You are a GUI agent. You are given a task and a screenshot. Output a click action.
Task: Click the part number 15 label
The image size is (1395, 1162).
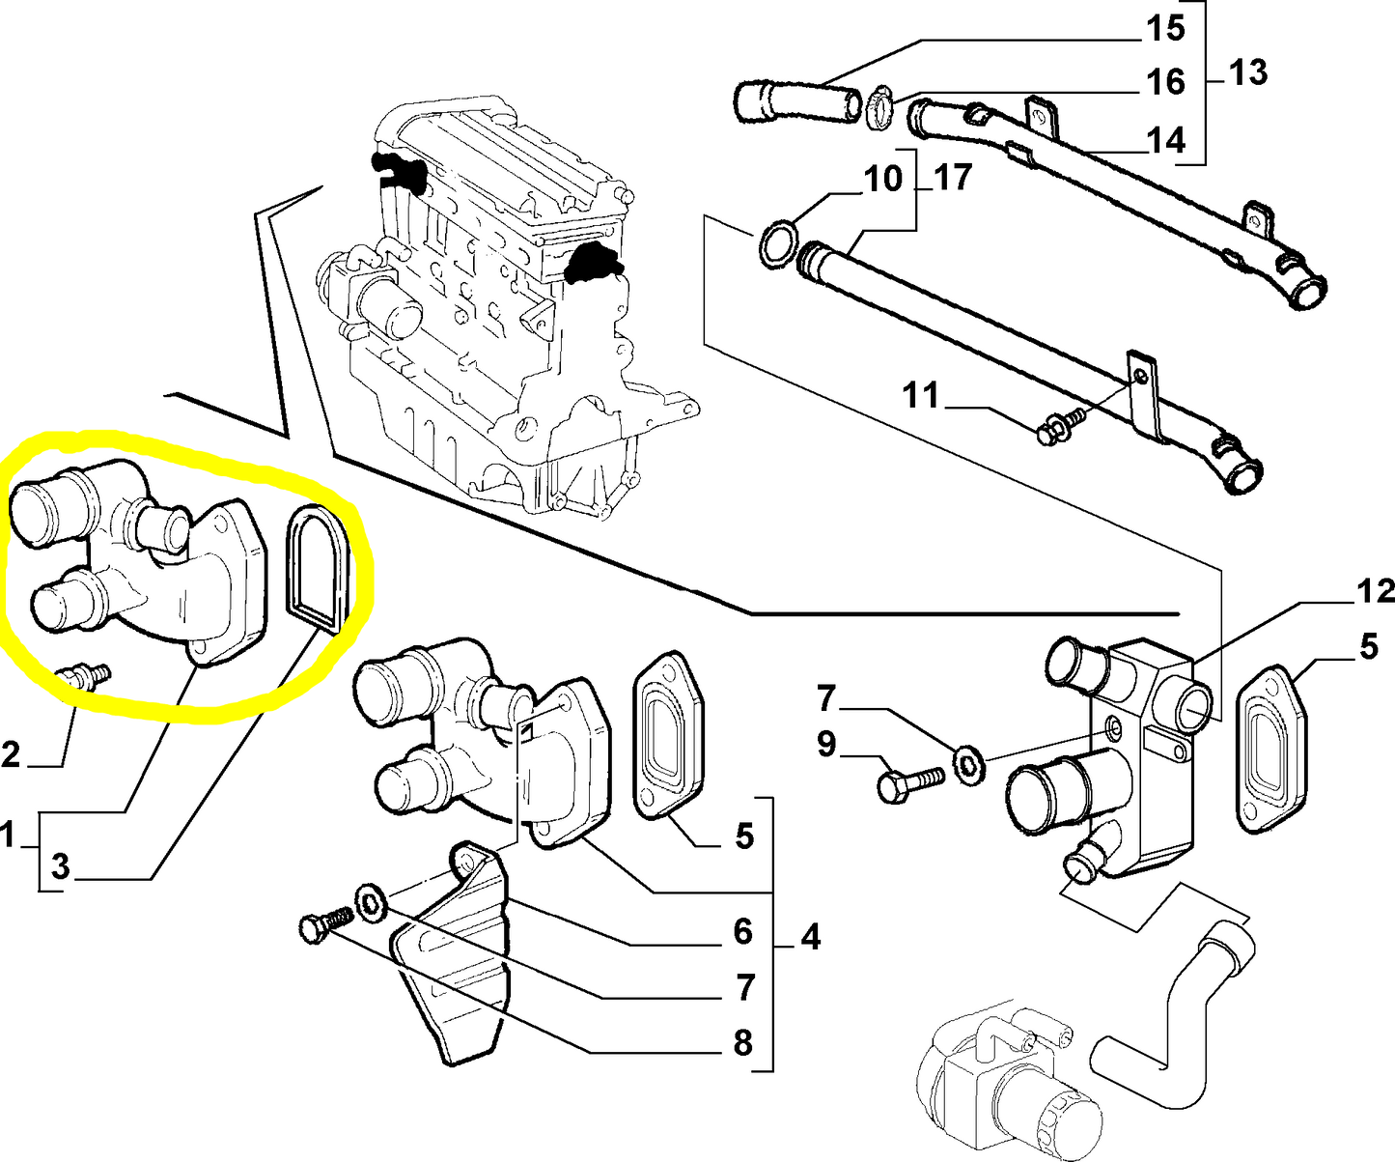(1164, 29)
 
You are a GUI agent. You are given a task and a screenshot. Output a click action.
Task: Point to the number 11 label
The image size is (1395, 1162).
(920, 396)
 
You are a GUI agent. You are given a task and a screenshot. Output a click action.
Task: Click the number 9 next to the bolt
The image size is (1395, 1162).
(826, 745)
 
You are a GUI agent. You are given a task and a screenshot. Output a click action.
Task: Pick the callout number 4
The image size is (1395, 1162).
(810, 936)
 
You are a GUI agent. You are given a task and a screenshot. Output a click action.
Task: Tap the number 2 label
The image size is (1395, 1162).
(11, 753)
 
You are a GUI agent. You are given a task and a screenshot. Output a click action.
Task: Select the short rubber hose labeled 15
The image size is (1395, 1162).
(797, 101)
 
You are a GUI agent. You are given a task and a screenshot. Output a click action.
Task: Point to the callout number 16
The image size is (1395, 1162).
(1164, 83)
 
